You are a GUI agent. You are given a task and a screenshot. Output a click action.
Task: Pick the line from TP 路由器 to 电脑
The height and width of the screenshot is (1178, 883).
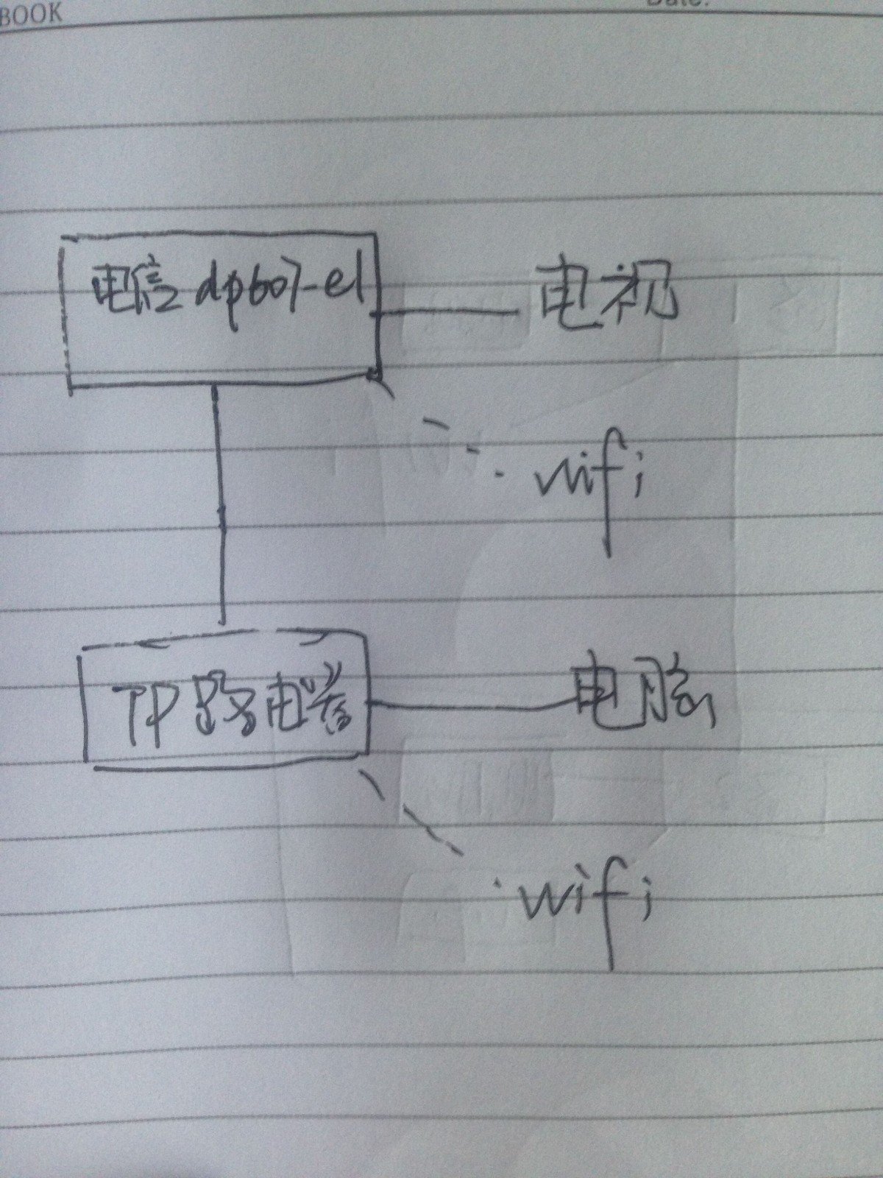coord(471,708)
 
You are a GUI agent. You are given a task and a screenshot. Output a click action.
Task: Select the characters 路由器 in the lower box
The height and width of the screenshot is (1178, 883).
coord(272,707)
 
